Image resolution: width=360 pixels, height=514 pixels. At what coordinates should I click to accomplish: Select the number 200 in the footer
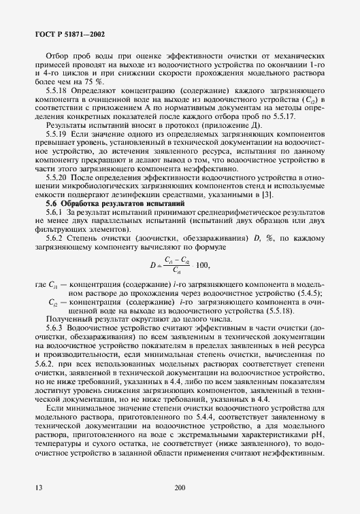click(180, 487)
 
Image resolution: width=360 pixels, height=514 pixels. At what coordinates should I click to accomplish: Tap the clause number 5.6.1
click(54, 213)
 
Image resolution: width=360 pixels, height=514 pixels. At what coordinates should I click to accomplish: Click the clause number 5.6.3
click(54, 327)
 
